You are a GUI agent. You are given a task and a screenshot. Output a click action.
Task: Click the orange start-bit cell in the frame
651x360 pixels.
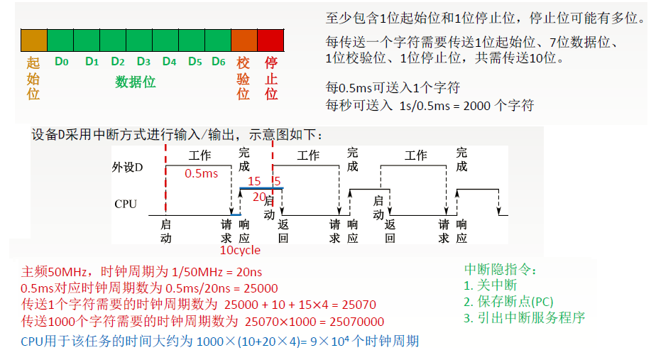pos(33,39)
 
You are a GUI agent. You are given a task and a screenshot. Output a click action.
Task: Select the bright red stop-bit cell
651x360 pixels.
pos(270,39)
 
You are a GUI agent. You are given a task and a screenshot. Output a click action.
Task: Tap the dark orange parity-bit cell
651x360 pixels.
pos(244,39)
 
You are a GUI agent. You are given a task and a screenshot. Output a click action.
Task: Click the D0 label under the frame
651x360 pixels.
pos(62,62)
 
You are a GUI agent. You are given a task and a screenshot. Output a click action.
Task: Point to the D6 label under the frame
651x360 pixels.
pos(218,62)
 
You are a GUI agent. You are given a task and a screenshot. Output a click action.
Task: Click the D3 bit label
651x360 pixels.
pos(143,62)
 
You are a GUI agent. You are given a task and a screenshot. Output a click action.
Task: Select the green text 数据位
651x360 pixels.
pos(136,82)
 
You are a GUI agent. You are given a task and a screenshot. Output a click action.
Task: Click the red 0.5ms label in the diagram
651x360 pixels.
pos(201,173)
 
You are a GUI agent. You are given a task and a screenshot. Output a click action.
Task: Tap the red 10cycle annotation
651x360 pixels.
pos(240,250)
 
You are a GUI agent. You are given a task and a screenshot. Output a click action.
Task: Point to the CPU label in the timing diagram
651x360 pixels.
pos(126,204)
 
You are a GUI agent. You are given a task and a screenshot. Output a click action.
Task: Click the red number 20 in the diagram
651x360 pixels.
pos(258,197)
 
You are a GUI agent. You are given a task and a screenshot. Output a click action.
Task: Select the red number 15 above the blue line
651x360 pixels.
pos(254,182)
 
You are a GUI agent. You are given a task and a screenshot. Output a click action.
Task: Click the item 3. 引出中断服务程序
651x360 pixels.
pos(525,318)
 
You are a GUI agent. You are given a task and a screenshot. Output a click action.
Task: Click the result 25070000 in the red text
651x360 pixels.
pos(355,321)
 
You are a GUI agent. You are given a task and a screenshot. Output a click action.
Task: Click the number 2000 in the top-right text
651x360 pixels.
pos(474,106)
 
